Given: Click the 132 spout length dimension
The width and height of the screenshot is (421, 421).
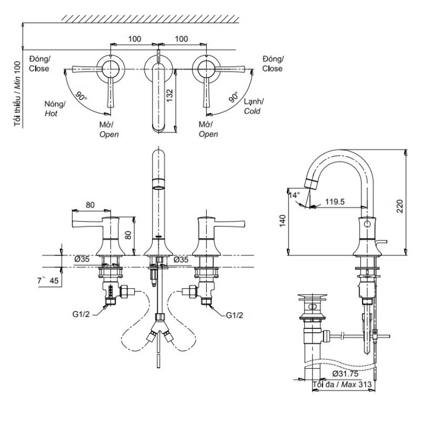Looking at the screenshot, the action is [169, 96].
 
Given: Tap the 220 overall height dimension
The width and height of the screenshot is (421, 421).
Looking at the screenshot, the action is [400, 206].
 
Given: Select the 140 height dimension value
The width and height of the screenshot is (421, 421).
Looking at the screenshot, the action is [283, 220].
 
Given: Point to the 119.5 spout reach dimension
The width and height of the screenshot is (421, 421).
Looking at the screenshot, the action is [335, 202].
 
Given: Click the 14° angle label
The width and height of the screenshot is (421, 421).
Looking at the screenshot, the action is [294, 195].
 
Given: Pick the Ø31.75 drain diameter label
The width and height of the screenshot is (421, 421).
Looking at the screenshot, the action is [345, 374].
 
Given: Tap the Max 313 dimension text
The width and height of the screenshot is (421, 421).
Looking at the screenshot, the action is [356, 385].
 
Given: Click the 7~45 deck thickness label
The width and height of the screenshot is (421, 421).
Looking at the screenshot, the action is [48, 280].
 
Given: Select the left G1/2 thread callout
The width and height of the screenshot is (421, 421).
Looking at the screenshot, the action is [81, 314].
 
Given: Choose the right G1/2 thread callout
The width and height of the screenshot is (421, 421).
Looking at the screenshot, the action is [234, 315].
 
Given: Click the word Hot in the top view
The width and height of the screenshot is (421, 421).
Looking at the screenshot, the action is [51, 114].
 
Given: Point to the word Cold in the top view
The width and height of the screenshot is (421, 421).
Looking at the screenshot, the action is [252, 111].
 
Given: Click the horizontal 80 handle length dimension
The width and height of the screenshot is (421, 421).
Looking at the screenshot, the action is [90, 205].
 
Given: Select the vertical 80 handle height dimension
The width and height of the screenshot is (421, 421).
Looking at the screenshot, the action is [128, 235].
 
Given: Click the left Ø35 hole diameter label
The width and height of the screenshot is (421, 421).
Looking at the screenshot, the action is [82, 259].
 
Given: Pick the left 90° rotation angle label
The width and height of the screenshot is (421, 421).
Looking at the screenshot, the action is [81, 97].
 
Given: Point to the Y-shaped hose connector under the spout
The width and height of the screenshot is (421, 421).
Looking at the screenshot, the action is [159, 328].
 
